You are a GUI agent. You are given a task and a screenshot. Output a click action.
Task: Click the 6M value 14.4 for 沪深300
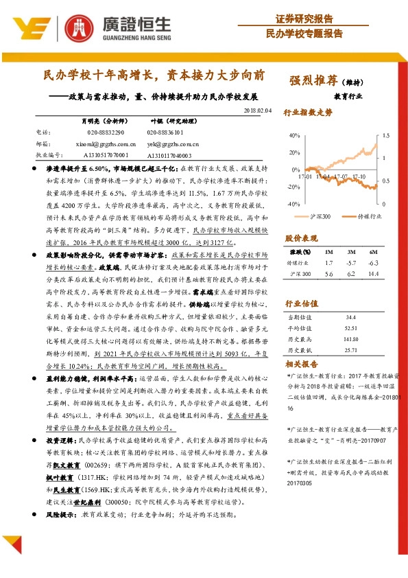(x=373, y=274)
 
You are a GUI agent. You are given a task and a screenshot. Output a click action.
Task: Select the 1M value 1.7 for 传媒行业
(x=329, y=263)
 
